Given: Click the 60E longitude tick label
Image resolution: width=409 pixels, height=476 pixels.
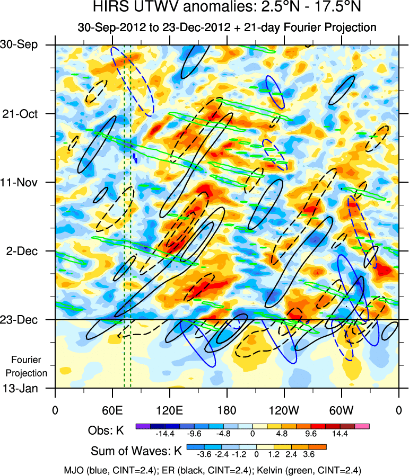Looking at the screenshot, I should [x=112, y=410].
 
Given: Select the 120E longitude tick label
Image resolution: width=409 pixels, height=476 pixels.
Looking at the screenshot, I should [x=169, y=410].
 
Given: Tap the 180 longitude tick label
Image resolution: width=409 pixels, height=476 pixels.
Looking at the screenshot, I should [x=227, y=410].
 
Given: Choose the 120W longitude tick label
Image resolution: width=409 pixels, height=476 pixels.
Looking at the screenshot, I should [x=284, y=410].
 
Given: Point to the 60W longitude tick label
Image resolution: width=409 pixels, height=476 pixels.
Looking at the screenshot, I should [x=341, y=410].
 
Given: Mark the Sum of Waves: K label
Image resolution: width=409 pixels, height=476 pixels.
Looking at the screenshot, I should [x=136, y=452].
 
